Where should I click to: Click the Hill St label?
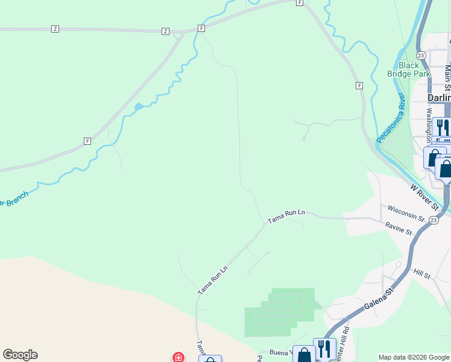[422, 274]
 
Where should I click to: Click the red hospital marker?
[178, 357]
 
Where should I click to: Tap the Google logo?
[20, 355]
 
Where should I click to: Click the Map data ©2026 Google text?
[414, 357]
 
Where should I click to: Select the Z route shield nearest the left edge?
[55, 29]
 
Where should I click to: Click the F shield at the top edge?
[299, 3]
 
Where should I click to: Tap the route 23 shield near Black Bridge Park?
[421, 55]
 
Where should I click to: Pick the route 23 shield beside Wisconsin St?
[434, 221]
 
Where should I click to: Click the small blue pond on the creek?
[139, 107]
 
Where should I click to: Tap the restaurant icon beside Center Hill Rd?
[324, 349]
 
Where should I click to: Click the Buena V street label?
[280, 352]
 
